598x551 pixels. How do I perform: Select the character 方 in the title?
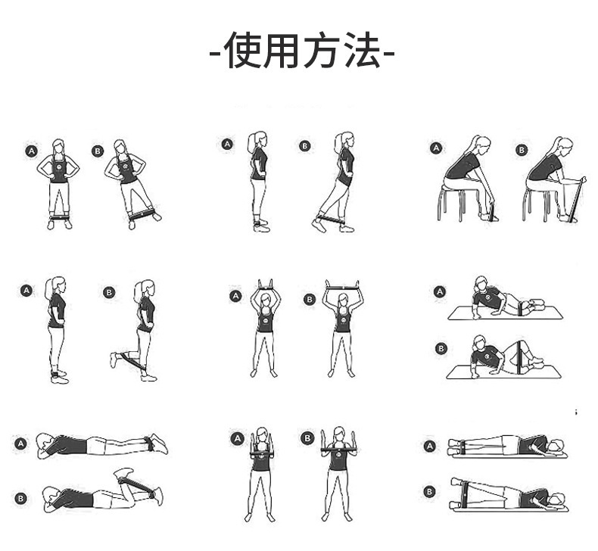322,51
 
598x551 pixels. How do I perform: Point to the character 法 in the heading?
360,51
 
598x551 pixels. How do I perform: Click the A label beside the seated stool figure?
436,148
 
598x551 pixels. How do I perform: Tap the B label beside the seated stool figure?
522,149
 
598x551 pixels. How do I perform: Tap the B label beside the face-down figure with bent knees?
21,497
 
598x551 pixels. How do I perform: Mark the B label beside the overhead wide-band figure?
309,299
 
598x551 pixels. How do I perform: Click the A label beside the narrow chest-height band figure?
237,438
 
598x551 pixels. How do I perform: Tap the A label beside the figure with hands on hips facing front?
32,151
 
